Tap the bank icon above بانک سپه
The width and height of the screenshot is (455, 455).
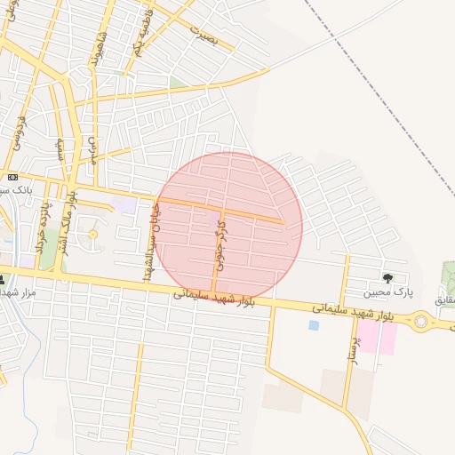point(12,177)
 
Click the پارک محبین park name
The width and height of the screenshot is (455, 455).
point(387,291)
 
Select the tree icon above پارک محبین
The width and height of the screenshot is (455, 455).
point(386,278)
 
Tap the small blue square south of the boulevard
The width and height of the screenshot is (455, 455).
point(314,325)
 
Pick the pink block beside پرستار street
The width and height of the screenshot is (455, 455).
point(377,338)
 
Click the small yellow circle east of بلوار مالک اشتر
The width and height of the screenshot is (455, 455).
point(92,234)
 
